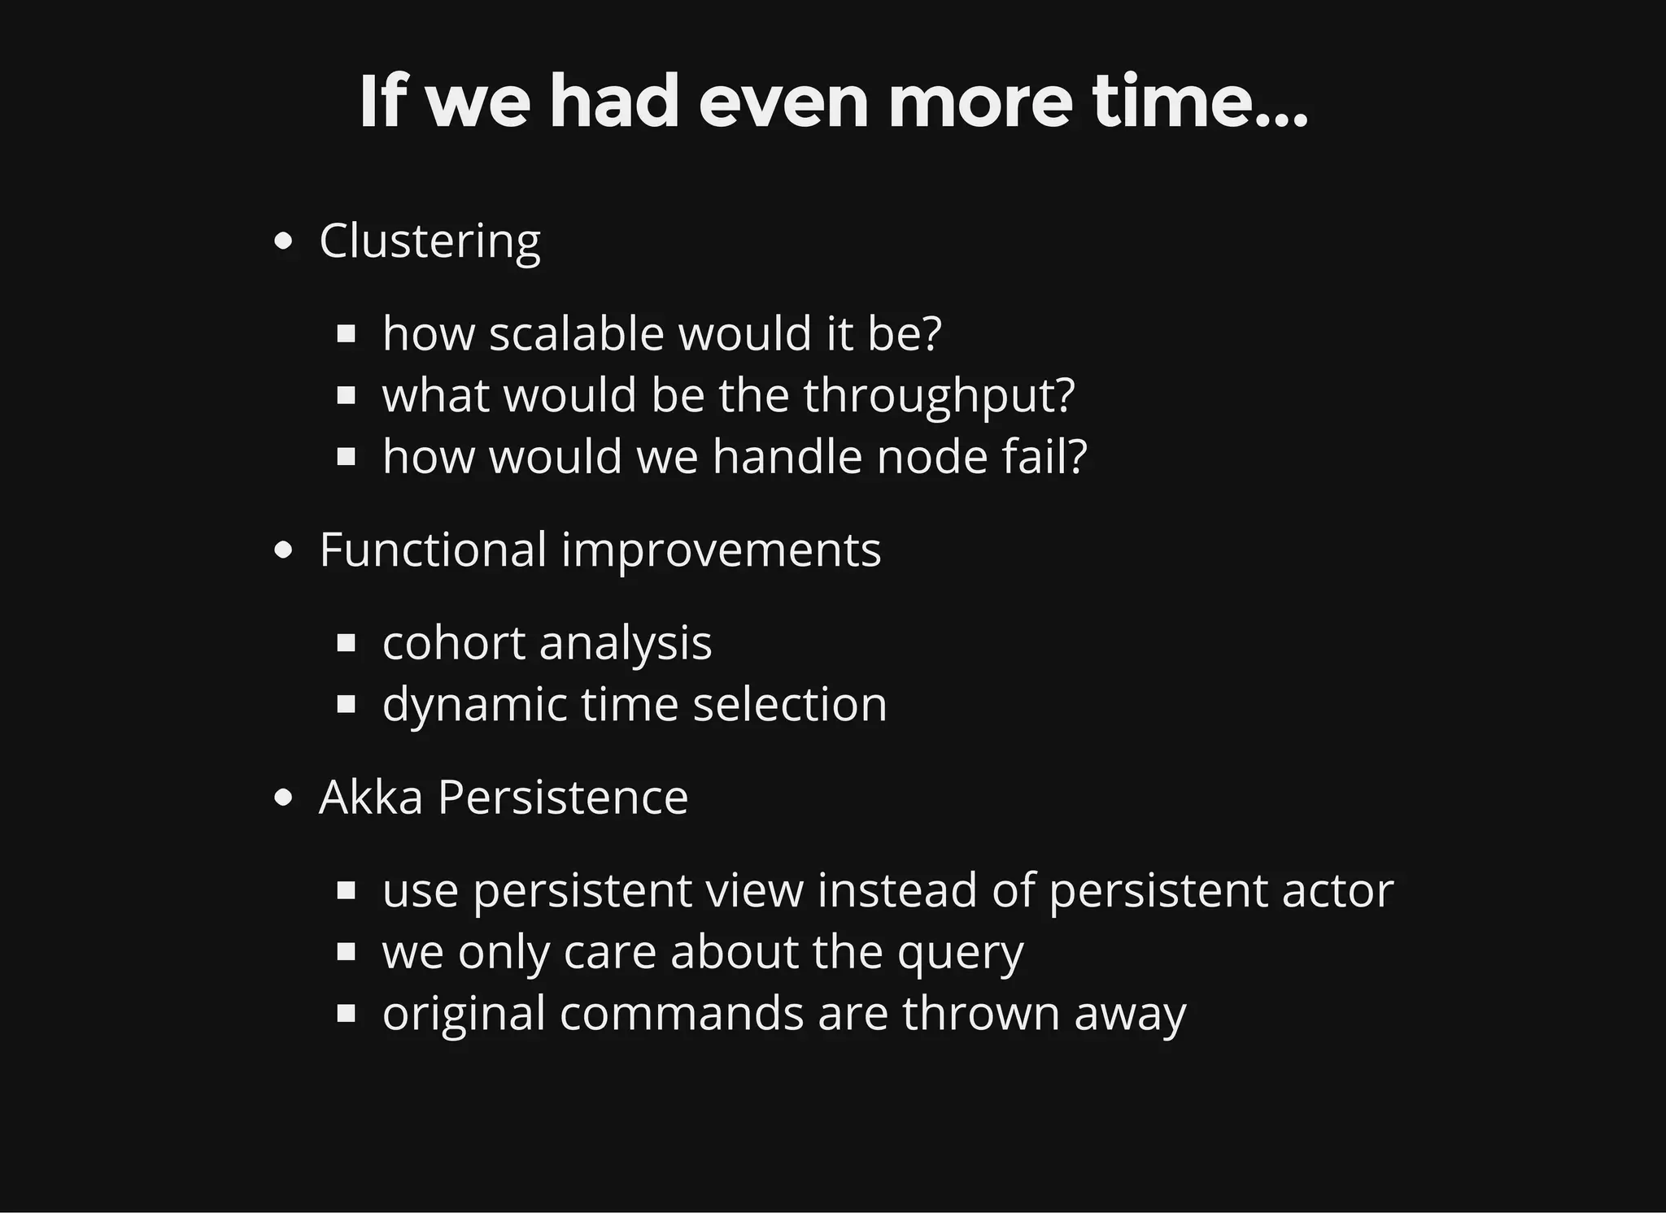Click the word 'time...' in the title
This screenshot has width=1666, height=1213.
[x=1199, y=102]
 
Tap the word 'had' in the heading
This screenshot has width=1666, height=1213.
[x=614, y=102]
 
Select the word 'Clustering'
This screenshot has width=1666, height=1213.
[x=430, y=241]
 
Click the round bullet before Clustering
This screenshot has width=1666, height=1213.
[x=283, y=241]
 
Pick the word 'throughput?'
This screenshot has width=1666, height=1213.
[x=939, y=396]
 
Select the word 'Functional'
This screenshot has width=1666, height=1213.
[x=433, y=550]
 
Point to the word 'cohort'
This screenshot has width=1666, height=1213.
[x=453, y=643]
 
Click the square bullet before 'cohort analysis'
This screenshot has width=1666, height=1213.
[x=347, y=644]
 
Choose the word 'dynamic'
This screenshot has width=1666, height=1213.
[x=474, y=705]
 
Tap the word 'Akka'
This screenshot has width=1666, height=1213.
[x=371, y=797]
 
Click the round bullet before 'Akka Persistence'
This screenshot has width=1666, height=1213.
[x=283, y=798]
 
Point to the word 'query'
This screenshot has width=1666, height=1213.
[x=960, y=953]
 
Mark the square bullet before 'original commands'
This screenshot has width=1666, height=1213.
[x=347, y=1014]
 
